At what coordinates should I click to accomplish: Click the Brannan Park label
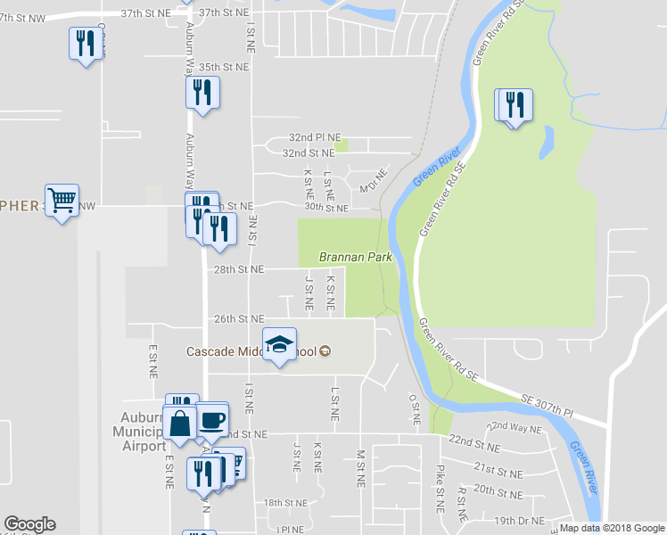tap(356, 257)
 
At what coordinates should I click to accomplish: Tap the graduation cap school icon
tap(279, 345)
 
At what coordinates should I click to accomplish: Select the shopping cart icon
tap(62, 200)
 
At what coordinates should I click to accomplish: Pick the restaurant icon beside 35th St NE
tap(203, 92)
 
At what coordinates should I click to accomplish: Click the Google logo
tap(29, 524)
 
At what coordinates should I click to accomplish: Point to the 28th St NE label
tap(238, 269)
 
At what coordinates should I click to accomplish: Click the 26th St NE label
tap(238, 318)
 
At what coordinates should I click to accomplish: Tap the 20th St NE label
tap(497, 490)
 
